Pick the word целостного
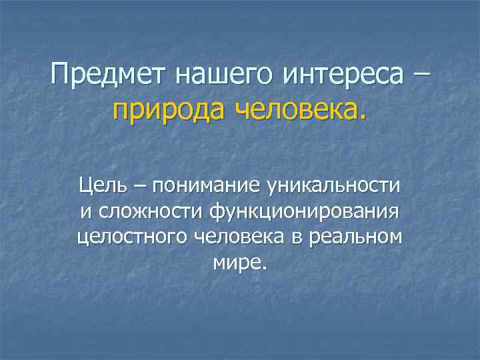coord(133,238)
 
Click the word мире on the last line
coord(237,263)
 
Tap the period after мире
coord(264,268)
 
